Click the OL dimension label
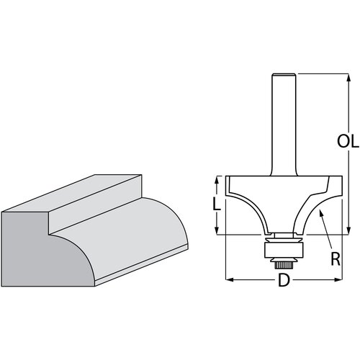(348, 142)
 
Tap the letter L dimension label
(217, 204)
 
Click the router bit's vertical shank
(282, 122)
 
